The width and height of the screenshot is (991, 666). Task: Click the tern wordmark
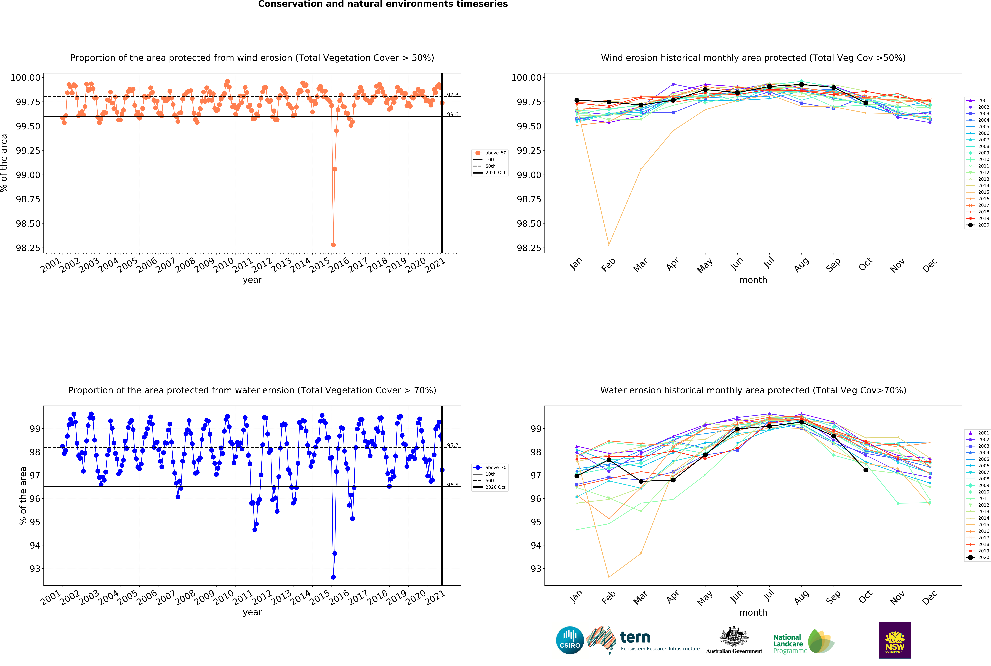point(635,637)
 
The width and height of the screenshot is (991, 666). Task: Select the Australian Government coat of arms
point(734,636)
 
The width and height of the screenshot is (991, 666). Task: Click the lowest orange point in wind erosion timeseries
point(333,245)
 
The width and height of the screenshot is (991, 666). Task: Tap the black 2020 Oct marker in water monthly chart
point(866,470)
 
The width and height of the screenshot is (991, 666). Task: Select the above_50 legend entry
point(490,153)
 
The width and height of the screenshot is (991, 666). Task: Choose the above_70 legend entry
point(490,467)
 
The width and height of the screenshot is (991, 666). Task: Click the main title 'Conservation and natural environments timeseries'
point(383,4)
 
